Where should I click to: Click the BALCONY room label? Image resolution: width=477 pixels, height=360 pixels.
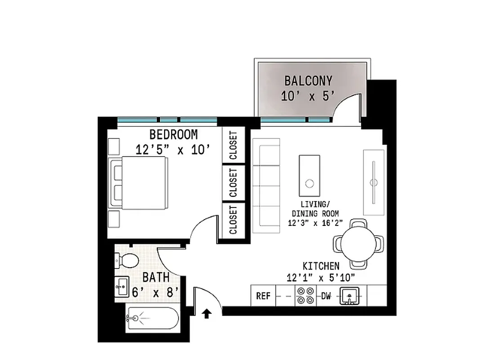(x=308, y=81)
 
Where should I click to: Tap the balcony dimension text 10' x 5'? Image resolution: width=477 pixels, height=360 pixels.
(x=308, y=95)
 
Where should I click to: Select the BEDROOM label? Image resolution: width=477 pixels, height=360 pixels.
(x=173, y=135)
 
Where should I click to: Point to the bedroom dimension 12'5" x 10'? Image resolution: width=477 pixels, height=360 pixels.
(x=173, y=149)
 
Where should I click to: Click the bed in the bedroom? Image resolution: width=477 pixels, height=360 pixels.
(x=139, y=183)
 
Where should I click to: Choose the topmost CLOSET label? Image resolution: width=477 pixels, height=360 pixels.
(x=233, y=145)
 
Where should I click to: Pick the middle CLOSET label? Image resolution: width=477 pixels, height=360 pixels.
(x=233, y=183)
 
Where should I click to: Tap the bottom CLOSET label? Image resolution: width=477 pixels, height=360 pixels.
(x=233, y=220)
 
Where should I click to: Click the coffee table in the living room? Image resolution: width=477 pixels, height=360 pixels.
(x=310, y=173)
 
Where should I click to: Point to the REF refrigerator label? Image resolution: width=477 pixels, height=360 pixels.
(x=263, y=296)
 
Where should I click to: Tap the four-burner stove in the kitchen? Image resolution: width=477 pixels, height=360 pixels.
(x=306, y=296)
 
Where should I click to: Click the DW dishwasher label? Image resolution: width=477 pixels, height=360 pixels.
(x=326, y=296)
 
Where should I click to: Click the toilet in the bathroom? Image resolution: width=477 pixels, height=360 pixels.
(x=128, y=260)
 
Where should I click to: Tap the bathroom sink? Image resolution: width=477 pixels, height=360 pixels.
(x=121, y=286)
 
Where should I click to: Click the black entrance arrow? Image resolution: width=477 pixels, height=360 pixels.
(x=207, y=313)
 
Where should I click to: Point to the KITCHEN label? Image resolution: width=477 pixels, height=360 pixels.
(x=321, y=266)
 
